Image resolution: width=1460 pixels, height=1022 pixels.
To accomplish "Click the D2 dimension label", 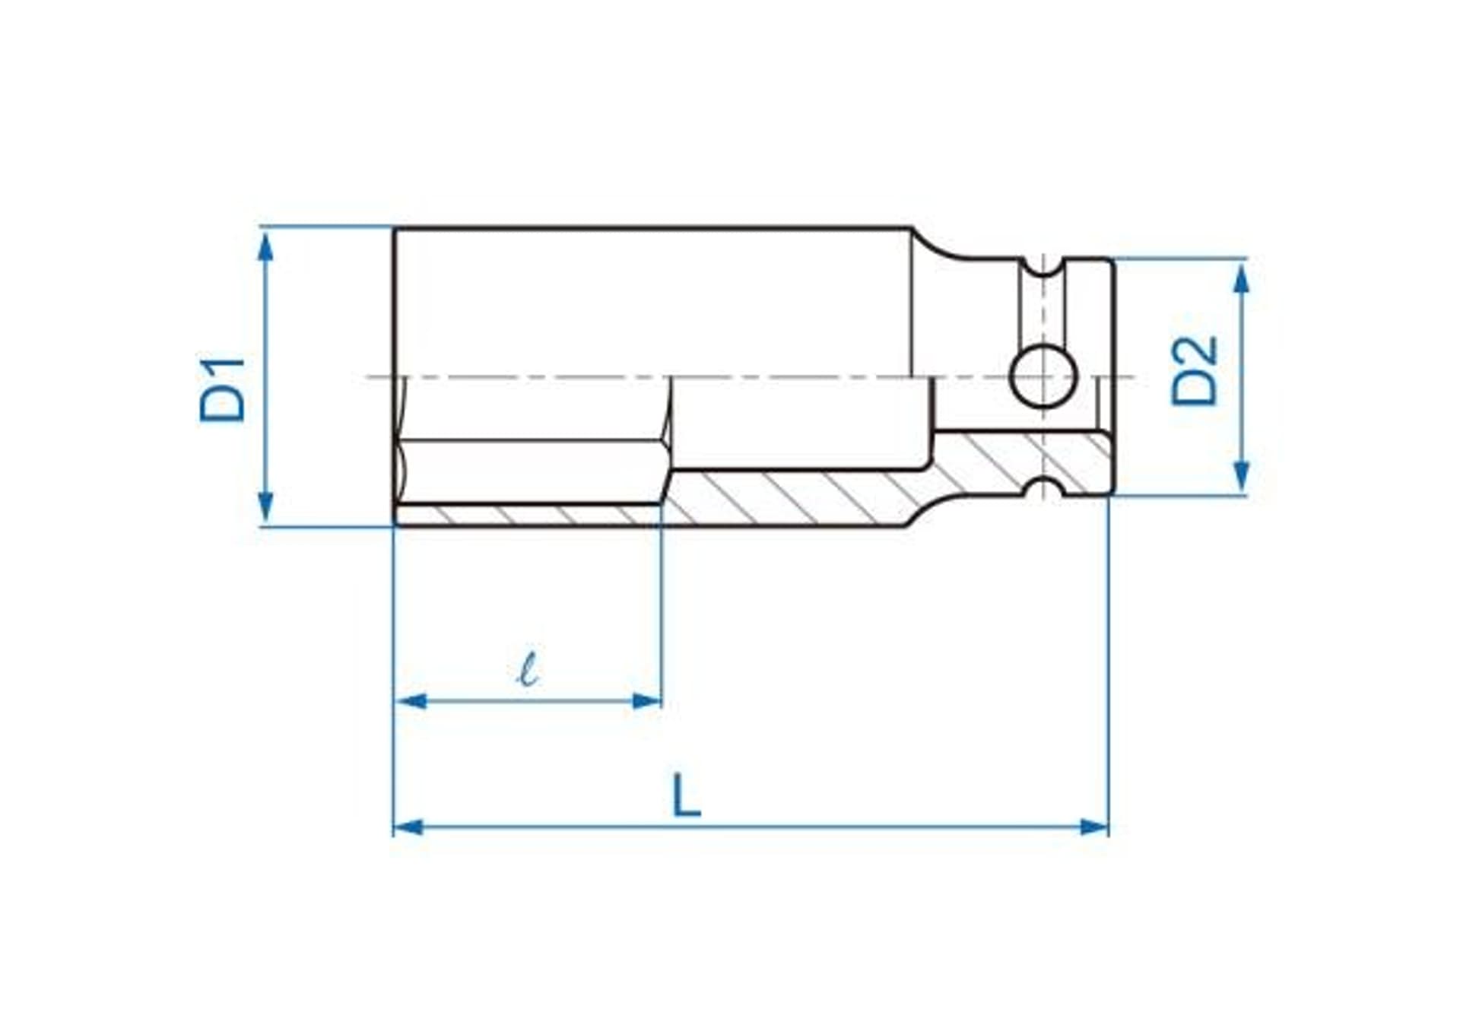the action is coord(1195,371).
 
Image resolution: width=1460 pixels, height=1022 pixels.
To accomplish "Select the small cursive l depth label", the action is coord(528,668).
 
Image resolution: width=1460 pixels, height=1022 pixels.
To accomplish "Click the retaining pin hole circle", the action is coord(1043,376).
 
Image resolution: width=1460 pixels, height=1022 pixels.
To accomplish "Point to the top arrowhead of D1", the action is coord(265,246).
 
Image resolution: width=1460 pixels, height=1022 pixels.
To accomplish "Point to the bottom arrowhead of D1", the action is coord(265,507).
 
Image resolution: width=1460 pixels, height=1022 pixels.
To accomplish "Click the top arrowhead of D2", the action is coord(1241,278).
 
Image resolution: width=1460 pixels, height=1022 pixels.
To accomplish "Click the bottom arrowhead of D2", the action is coord(1241,476).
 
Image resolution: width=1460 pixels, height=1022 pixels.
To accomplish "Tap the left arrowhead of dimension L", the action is coord(409,827).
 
